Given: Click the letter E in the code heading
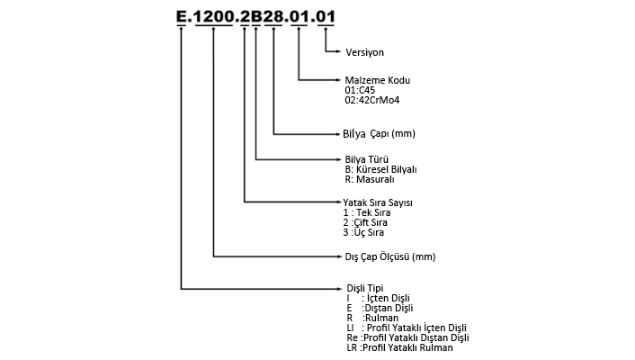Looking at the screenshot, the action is [181, 16].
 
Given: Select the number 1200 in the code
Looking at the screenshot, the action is [214, 16].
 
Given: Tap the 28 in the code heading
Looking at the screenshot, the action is [273, 16].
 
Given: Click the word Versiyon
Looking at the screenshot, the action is [364, 52].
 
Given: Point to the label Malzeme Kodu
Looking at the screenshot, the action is [378, 80].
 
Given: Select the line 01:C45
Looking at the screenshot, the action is [360, 90].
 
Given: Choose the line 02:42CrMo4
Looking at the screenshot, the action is [372, 100].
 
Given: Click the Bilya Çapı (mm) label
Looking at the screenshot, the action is [379, 134].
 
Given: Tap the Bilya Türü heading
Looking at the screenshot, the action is [366, 159].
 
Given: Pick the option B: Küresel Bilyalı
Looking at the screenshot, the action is [380, 169].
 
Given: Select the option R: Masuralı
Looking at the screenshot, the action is [370, 179].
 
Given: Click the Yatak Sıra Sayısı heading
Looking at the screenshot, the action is [378, 202].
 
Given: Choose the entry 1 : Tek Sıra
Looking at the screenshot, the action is [367, 212].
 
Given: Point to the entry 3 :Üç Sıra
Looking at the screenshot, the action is [363, 232].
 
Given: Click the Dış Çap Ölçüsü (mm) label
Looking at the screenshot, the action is [390, 256].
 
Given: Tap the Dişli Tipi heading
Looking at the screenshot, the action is [365, 288].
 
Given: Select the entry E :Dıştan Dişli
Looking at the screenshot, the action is [380, 308].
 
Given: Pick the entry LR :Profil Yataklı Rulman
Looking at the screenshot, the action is [399, 347].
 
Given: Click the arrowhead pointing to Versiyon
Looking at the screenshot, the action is [338, 51].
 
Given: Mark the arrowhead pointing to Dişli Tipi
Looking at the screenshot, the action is [340, 289].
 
